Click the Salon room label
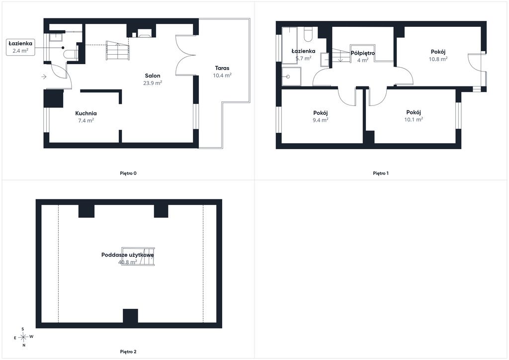[x=153, y=76]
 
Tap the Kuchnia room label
[x=86, y=113]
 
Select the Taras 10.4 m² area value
[x=222, y=75]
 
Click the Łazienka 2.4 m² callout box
[x=20, y=47]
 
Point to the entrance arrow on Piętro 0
[x=44, y=77]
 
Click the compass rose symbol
[x=23, y=337]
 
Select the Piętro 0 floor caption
[x=128, y=174]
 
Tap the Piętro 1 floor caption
[x=381, y=174]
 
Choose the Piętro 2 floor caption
[x=128, y=352]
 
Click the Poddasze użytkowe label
[x=128, y=255]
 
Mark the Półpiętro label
[x=363, y=53]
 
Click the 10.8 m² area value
[x=438, y=59]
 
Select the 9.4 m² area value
[x=321, y=120]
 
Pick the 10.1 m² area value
[x=414, y=119]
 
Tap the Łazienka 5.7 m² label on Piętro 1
[x=303, y=55]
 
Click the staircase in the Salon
[x=117, y=50]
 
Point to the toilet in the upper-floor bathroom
[x=308, y=34]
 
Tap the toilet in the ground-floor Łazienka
[x=71, y=54]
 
